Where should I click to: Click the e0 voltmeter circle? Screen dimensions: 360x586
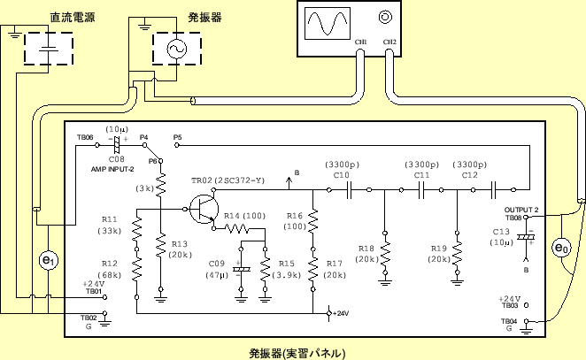tap(560, 248)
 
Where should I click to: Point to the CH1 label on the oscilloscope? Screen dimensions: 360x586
tap(360, 42)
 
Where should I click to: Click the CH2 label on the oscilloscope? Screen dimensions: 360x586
tap(389, 42)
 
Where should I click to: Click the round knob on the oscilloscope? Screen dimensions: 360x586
tap(385, 17)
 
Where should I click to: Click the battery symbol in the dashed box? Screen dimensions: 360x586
tap(50, 49)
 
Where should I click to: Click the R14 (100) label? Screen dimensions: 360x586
tap(243, 216)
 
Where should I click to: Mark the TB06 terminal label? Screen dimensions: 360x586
tap(84, 138)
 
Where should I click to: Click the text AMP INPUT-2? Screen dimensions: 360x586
tap(112, 168)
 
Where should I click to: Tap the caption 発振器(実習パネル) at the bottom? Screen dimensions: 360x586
tap(297, 351)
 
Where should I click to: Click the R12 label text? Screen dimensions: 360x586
tap(109, 263)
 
